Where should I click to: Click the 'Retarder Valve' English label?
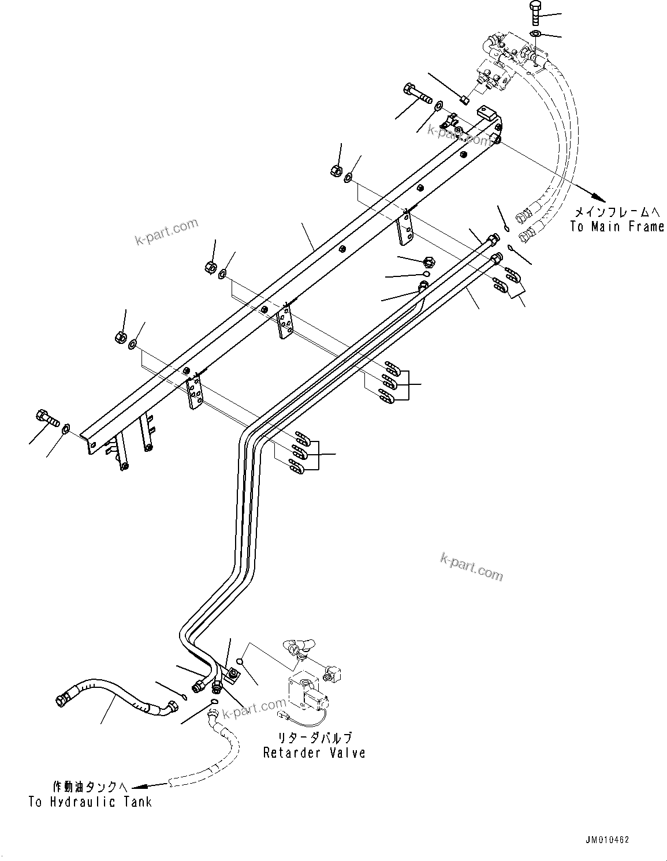click(x=314, y=753)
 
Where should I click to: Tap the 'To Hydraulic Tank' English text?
click(x=90, y=802)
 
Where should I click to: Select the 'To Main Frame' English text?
click(x=617, y=227)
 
